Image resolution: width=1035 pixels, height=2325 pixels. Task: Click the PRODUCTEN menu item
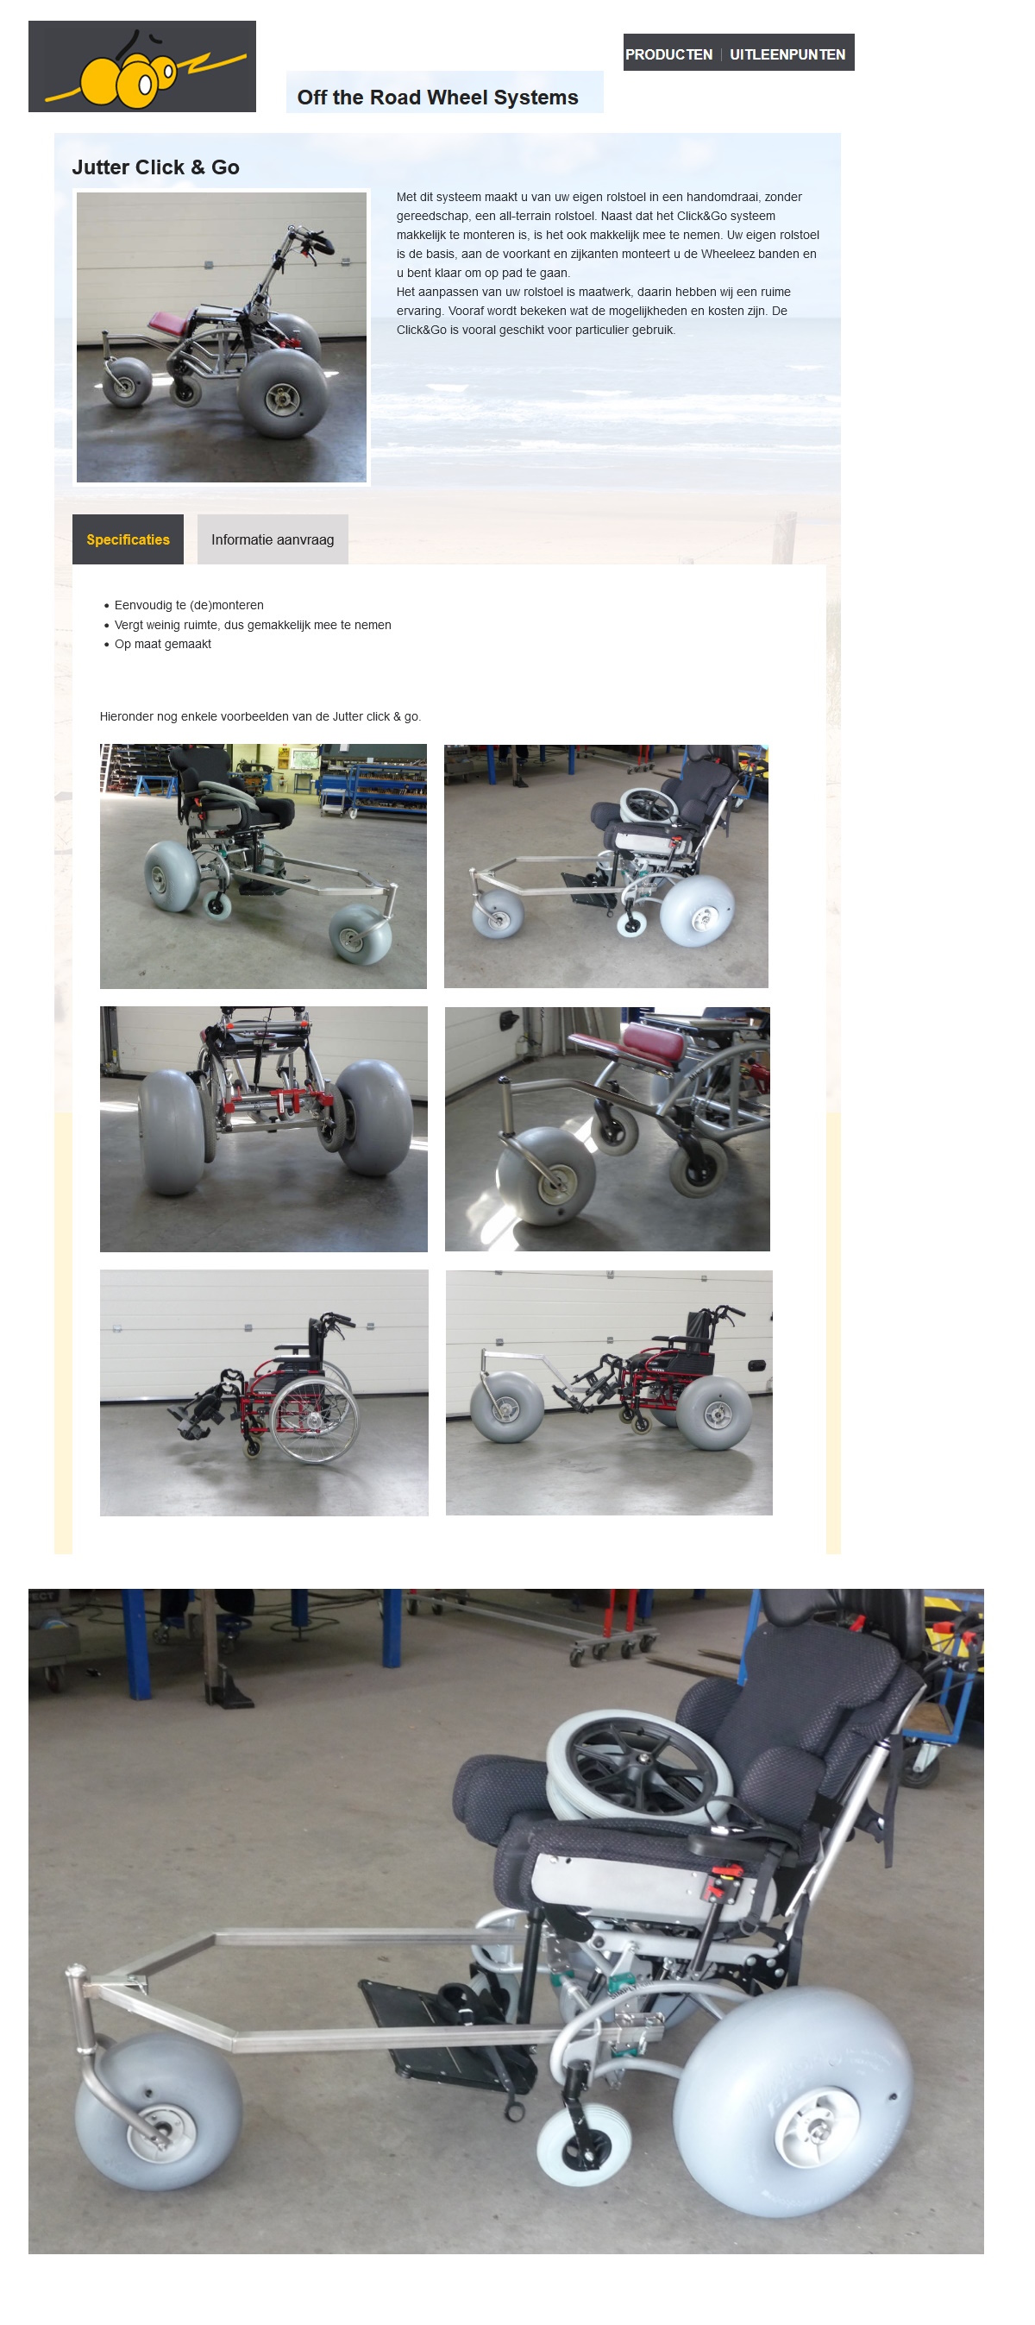[x=668, y=54]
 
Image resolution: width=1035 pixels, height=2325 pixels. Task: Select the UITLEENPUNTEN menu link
[x=787, y=54]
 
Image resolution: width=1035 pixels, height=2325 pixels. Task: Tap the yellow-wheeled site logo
[x=141, y=66]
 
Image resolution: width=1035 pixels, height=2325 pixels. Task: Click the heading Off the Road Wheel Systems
[x=437, y=98]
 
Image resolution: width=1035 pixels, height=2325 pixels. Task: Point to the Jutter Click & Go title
[x=155, y=167]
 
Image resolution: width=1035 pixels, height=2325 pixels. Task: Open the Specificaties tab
[x=128, y=539]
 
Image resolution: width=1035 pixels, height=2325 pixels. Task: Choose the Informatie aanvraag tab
[x=273, y=539]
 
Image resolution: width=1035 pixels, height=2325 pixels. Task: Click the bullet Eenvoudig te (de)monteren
[x=189, y=606]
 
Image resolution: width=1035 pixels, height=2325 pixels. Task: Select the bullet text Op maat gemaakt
[x=162, y=645]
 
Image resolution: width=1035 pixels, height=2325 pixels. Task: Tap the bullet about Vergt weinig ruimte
[x=253, y=626]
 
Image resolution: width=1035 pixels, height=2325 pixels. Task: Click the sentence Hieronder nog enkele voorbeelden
[x=260, y=716]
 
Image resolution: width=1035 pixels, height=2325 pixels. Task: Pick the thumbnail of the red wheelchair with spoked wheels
[x=263, y=1393]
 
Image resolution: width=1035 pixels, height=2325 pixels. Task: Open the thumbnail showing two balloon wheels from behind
[x=263, y=1129]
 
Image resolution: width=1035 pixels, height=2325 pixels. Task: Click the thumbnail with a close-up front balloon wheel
[x=607, y=1129]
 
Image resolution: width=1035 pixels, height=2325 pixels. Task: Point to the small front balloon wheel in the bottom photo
[x=158, y=2113]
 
